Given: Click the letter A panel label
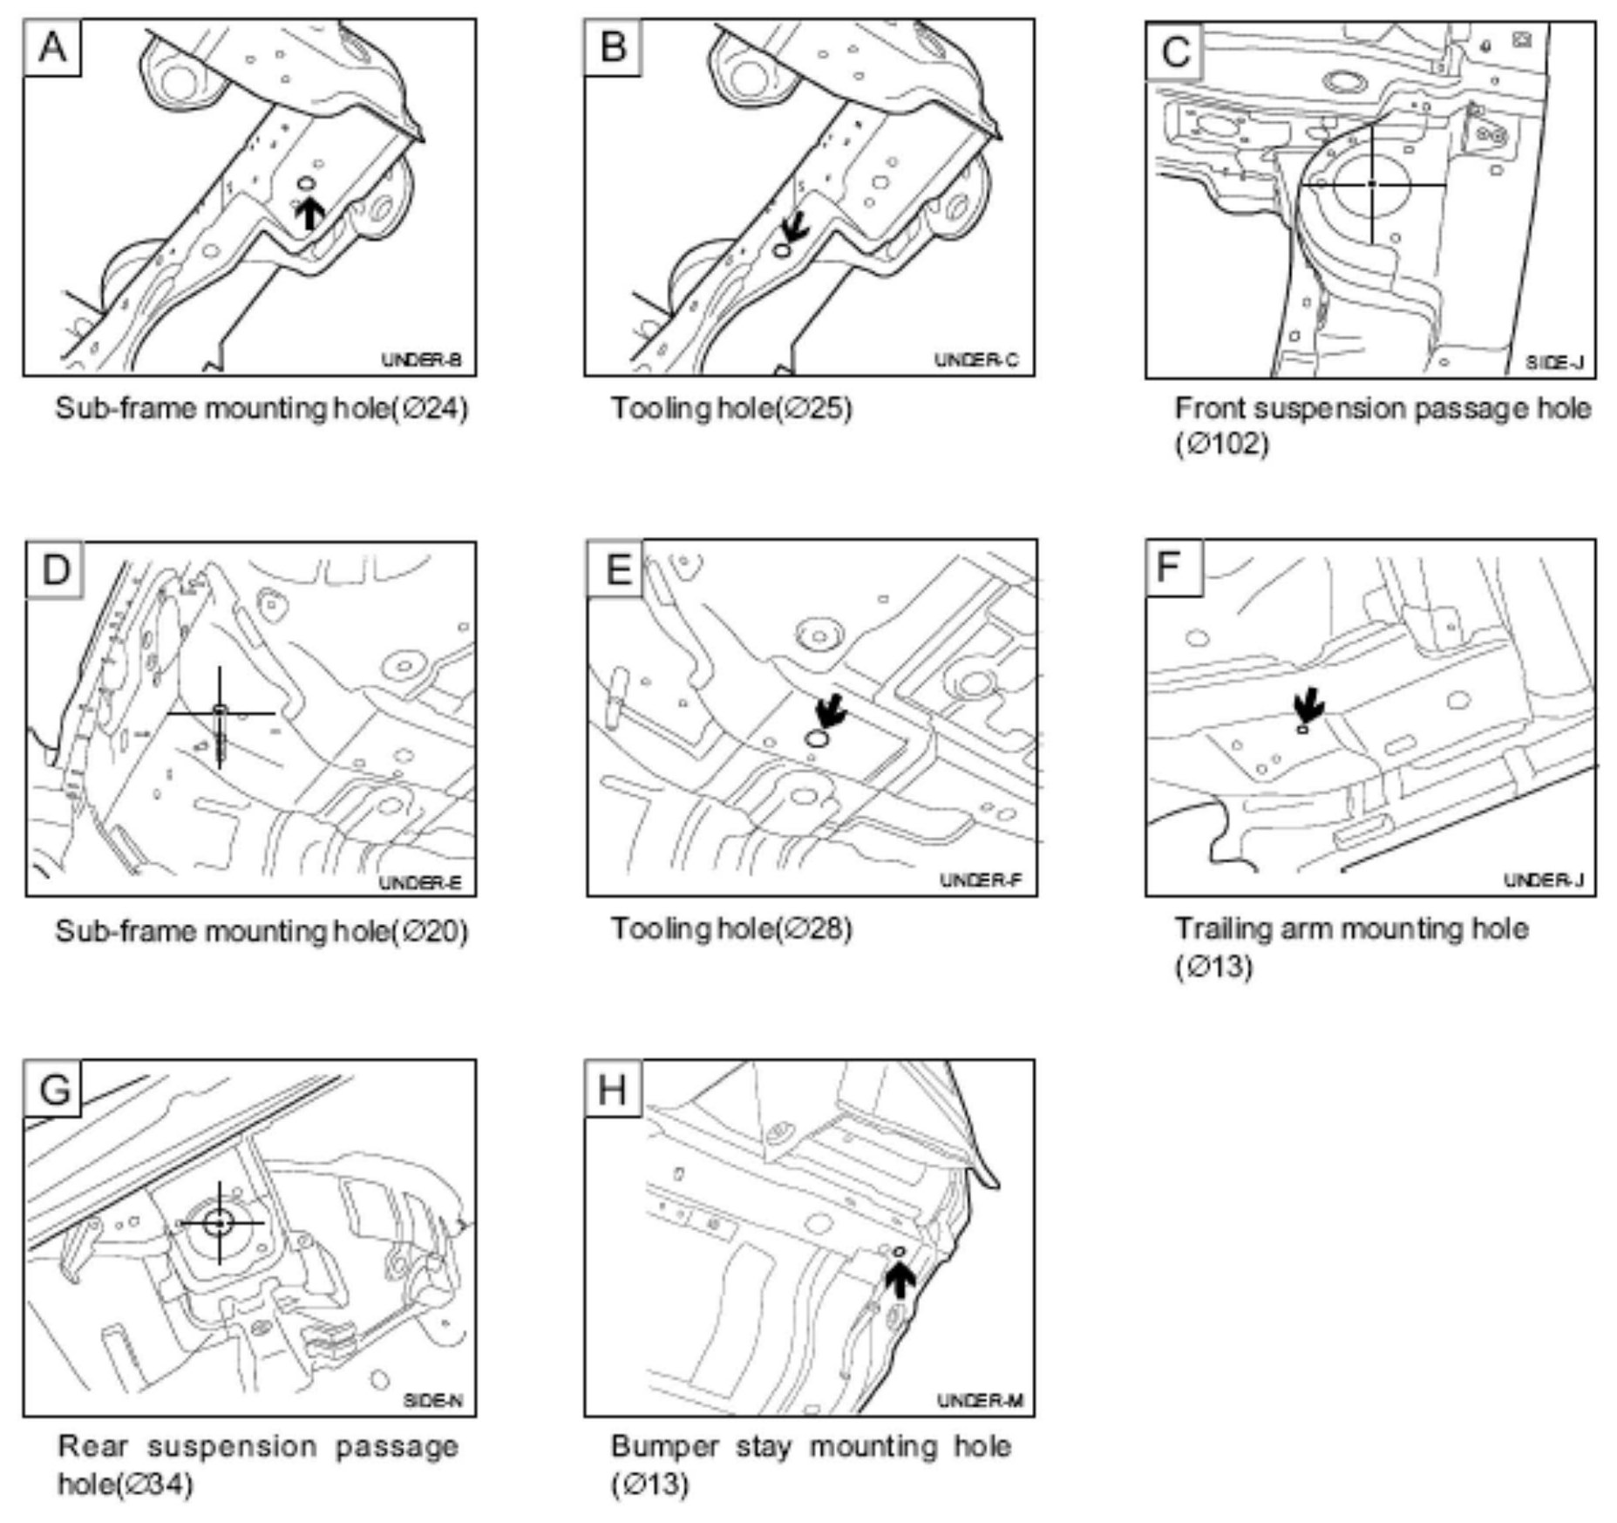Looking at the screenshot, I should click(52, 48).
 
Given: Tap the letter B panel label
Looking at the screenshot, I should click(613, 46).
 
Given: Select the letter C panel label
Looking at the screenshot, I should click(1174, 51).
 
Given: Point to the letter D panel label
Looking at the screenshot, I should click(55, 569).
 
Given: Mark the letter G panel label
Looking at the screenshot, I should click(54, 1089).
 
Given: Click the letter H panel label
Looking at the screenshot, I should click(612, 1089).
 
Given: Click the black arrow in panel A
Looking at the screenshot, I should click(309, 212).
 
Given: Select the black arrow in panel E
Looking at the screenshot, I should click(831, 710).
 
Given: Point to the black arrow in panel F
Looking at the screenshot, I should click(1308, 703).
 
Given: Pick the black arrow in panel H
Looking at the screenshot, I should click(900, 1281).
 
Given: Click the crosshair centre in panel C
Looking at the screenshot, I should click(1372, 184).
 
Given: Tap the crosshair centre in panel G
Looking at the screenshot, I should click(219, 1223).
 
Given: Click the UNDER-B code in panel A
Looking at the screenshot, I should click(422, 359).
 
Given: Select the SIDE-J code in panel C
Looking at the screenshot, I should click(1554, 362).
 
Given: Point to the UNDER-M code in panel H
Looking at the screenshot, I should click(980, 1401).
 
